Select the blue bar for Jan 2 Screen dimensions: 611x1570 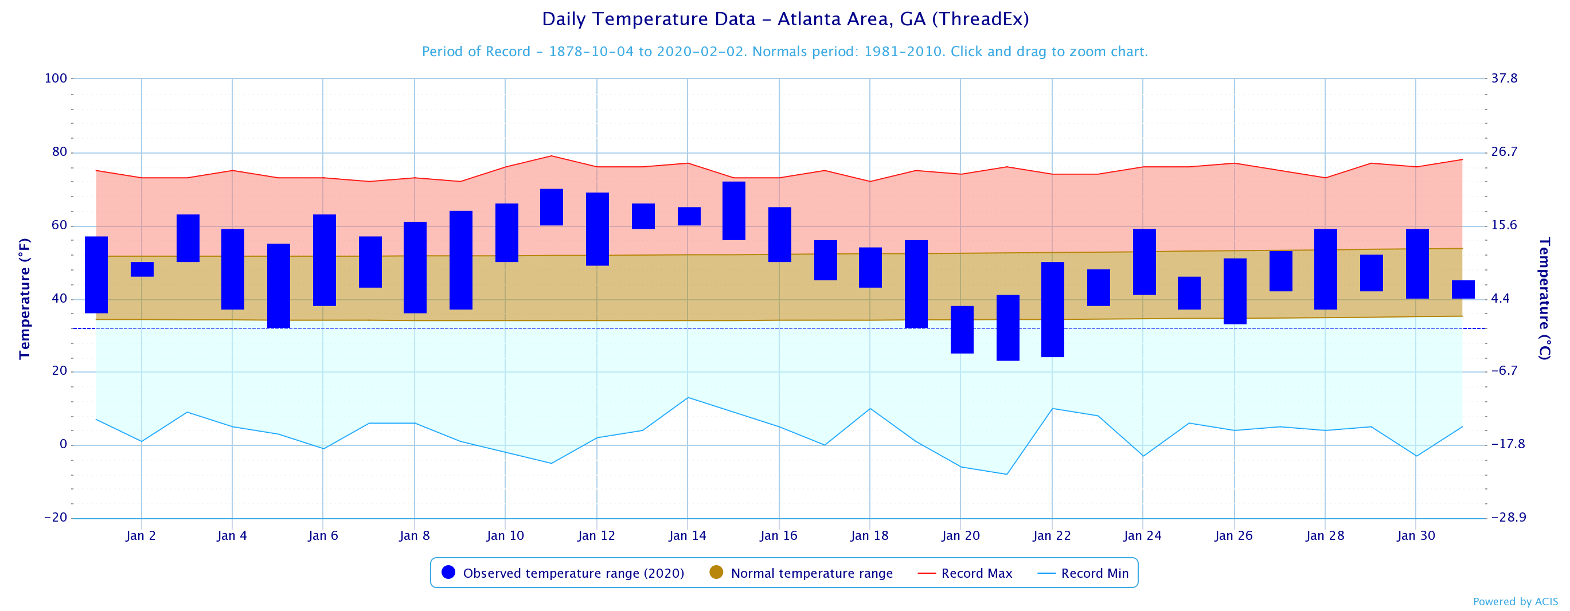(x=142, y=269)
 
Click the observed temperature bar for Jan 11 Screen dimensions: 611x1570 (x=552, y=207)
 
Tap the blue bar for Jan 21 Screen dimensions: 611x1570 (x=1007, y=328)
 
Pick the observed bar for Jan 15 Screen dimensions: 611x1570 (x=734, y=211)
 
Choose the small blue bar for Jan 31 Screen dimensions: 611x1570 (x=1463, y=289)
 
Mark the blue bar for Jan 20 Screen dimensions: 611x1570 (x=962, y=330)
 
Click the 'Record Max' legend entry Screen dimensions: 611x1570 (x=976, y=573)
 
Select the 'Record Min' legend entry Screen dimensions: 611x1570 (x=1094, y=573)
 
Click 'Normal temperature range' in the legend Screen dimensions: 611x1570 (x=811, y=573)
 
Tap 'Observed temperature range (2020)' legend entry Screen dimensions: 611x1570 (x=573, y=573)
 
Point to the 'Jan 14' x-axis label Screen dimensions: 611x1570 (x=688, y=536)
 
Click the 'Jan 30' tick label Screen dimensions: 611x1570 (x=1416, y=536)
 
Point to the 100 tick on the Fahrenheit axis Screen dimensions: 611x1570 (x=56, y=79)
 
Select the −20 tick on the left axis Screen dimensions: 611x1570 (x=56, y=518)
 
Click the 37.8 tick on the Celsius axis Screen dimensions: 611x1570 (x=1504, y=79)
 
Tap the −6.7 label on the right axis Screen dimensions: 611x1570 (x=1504, y=371)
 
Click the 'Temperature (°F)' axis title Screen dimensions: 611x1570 (x=25, y=299)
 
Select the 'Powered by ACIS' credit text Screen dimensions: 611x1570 (x=1515, y=602)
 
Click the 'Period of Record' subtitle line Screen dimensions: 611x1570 (x=785, y=52)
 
